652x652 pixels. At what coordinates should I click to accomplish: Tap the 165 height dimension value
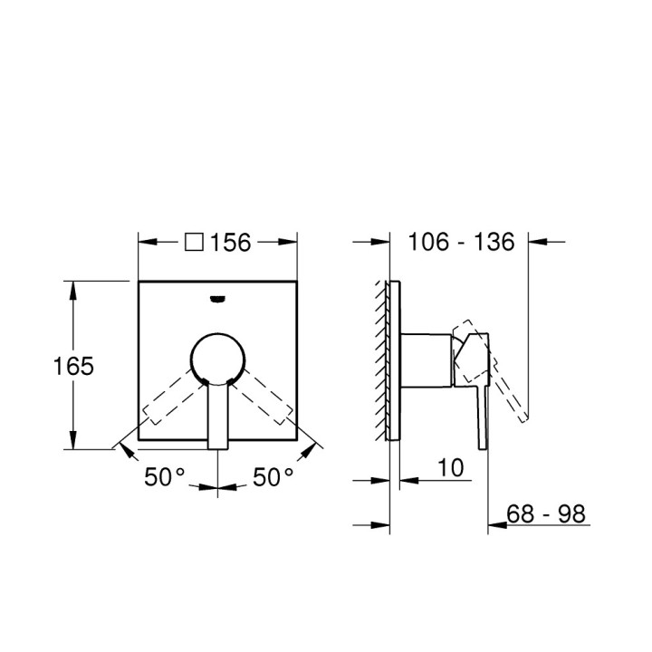point(72,366)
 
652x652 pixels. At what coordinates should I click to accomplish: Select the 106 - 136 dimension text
point(461,242)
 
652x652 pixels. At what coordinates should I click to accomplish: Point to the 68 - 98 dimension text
point(546,514)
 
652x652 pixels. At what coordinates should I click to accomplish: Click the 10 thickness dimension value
point(449,467)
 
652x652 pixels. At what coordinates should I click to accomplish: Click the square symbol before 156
point(194,242)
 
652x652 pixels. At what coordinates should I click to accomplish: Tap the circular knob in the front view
point(217,357)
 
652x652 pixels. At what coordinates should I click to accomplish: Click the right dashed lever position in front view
point(264,402)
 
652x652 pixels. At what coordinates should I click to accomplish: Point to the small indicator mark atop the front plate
point(217,297)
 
